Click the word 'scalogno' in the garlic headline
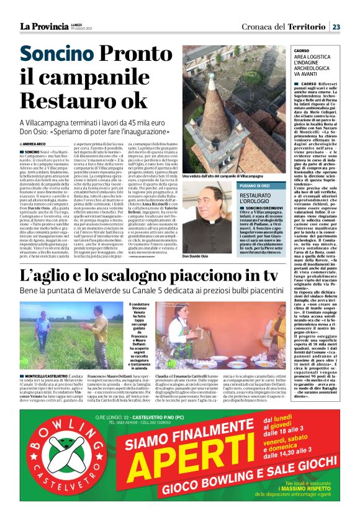tap(120, 275)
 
